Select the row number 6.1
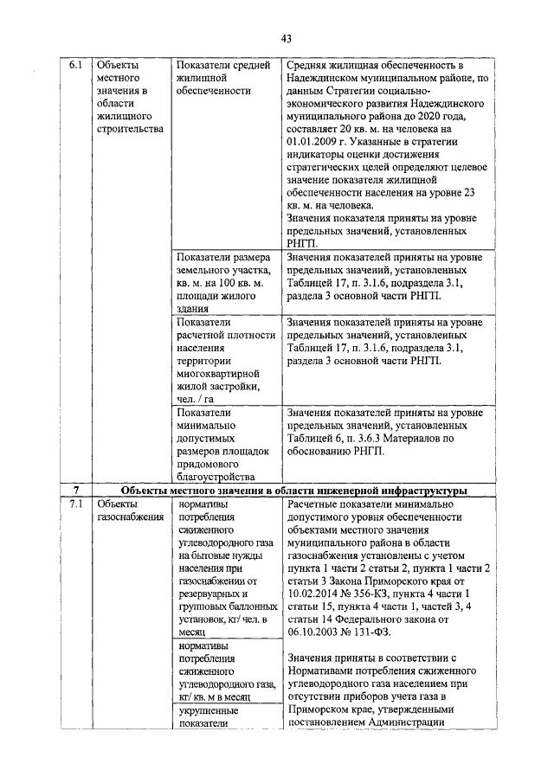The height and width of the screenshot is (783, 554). point(75,65)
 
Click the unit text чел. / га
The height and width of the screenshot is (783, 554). point(198,399)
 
